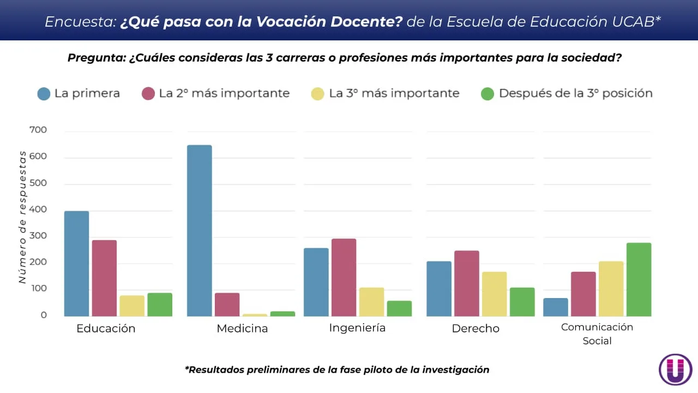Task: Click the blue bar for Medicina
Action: [199, 230]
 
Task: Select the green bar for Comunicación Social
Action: [639, 279]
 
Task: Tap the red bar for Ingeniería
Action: [344, 277]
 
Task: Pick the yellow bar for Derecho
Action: [494, 294]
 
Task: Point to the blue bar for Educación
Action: [76, 263]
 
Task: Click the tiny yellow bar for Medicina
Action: [255, 315]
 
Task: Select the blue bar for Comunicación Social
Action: [555, 307]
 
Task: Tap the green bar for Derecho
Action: [522, 302]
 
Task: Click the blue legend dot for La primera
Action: [44, 93]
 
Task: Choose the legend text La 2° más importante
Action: [224, 93]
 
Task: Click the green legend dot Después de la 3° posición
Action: [487, 93]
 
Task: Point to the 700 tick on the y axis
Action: [38, 130]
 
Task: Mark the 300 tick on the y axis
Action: [38, 236]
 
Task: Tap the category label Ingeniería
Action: [357, 327]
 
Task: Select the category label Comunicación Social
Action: [597, 334]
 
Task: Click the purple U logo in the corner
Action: [675, 370]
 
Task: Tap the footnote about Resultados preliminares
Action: [337, 370]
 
